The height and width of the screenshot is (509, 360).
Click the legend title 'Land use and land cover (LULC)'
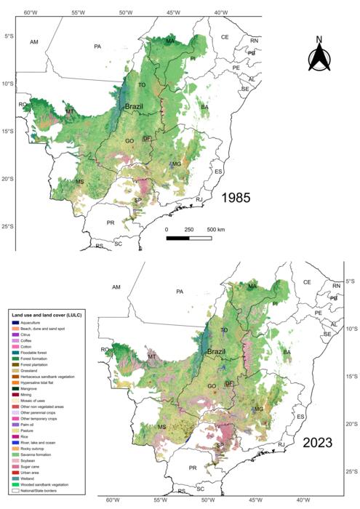tap(47, 313)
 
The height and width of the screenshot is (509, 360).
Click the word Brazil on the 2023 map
tap(215, 352)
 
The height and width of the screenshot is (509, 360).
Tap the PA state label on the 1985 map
tap(98, 47)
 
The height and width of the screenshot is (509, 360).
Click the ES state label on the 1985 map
tap(217, 171)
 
